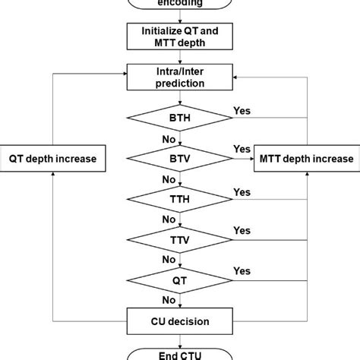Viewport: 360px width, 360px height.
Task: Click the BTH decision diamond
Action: pyautogui.click(x=180, y=119)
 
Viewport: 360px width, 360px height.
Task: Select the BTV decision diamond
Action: pyautogui.click(x=180, y=159)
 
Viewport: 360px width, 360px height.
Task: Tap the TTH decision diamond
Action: pyautogui.click(x=180, y=199)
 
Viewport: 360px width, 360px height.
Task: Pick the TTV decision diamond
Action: pyautogui.click(x=180, y=239)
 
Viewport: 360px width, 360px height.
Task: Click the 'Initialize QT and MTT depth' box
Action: pyautogui.click(x=180, y=37)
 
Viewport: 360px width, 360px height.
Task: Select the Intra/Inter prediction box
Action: pyautogui.click(x=180, y=77)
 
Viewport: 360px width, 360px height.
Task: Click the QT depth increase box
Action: pyautogui.click(x=52, y=159)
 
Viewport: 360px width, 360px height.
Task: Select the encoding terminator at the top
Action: pyautogui.click(x=180, y=4)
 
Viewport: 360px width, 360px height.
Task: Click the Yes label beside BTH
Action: pyautogui.click(x=242, y=110)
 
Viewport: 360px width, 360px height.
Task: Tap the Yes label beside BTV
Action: pyautogui.click(x=242, y=149)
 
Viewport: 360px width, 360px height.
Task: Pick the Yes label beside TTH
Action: pyautogui.click(x=242, y=192)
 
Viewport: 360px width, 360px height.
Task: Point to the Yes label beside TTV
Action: pyautogui.click(x=242, y=231)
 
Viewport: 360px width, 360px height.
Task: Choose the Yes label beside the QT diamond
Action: pyautogui.click(x=242, y=270)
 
